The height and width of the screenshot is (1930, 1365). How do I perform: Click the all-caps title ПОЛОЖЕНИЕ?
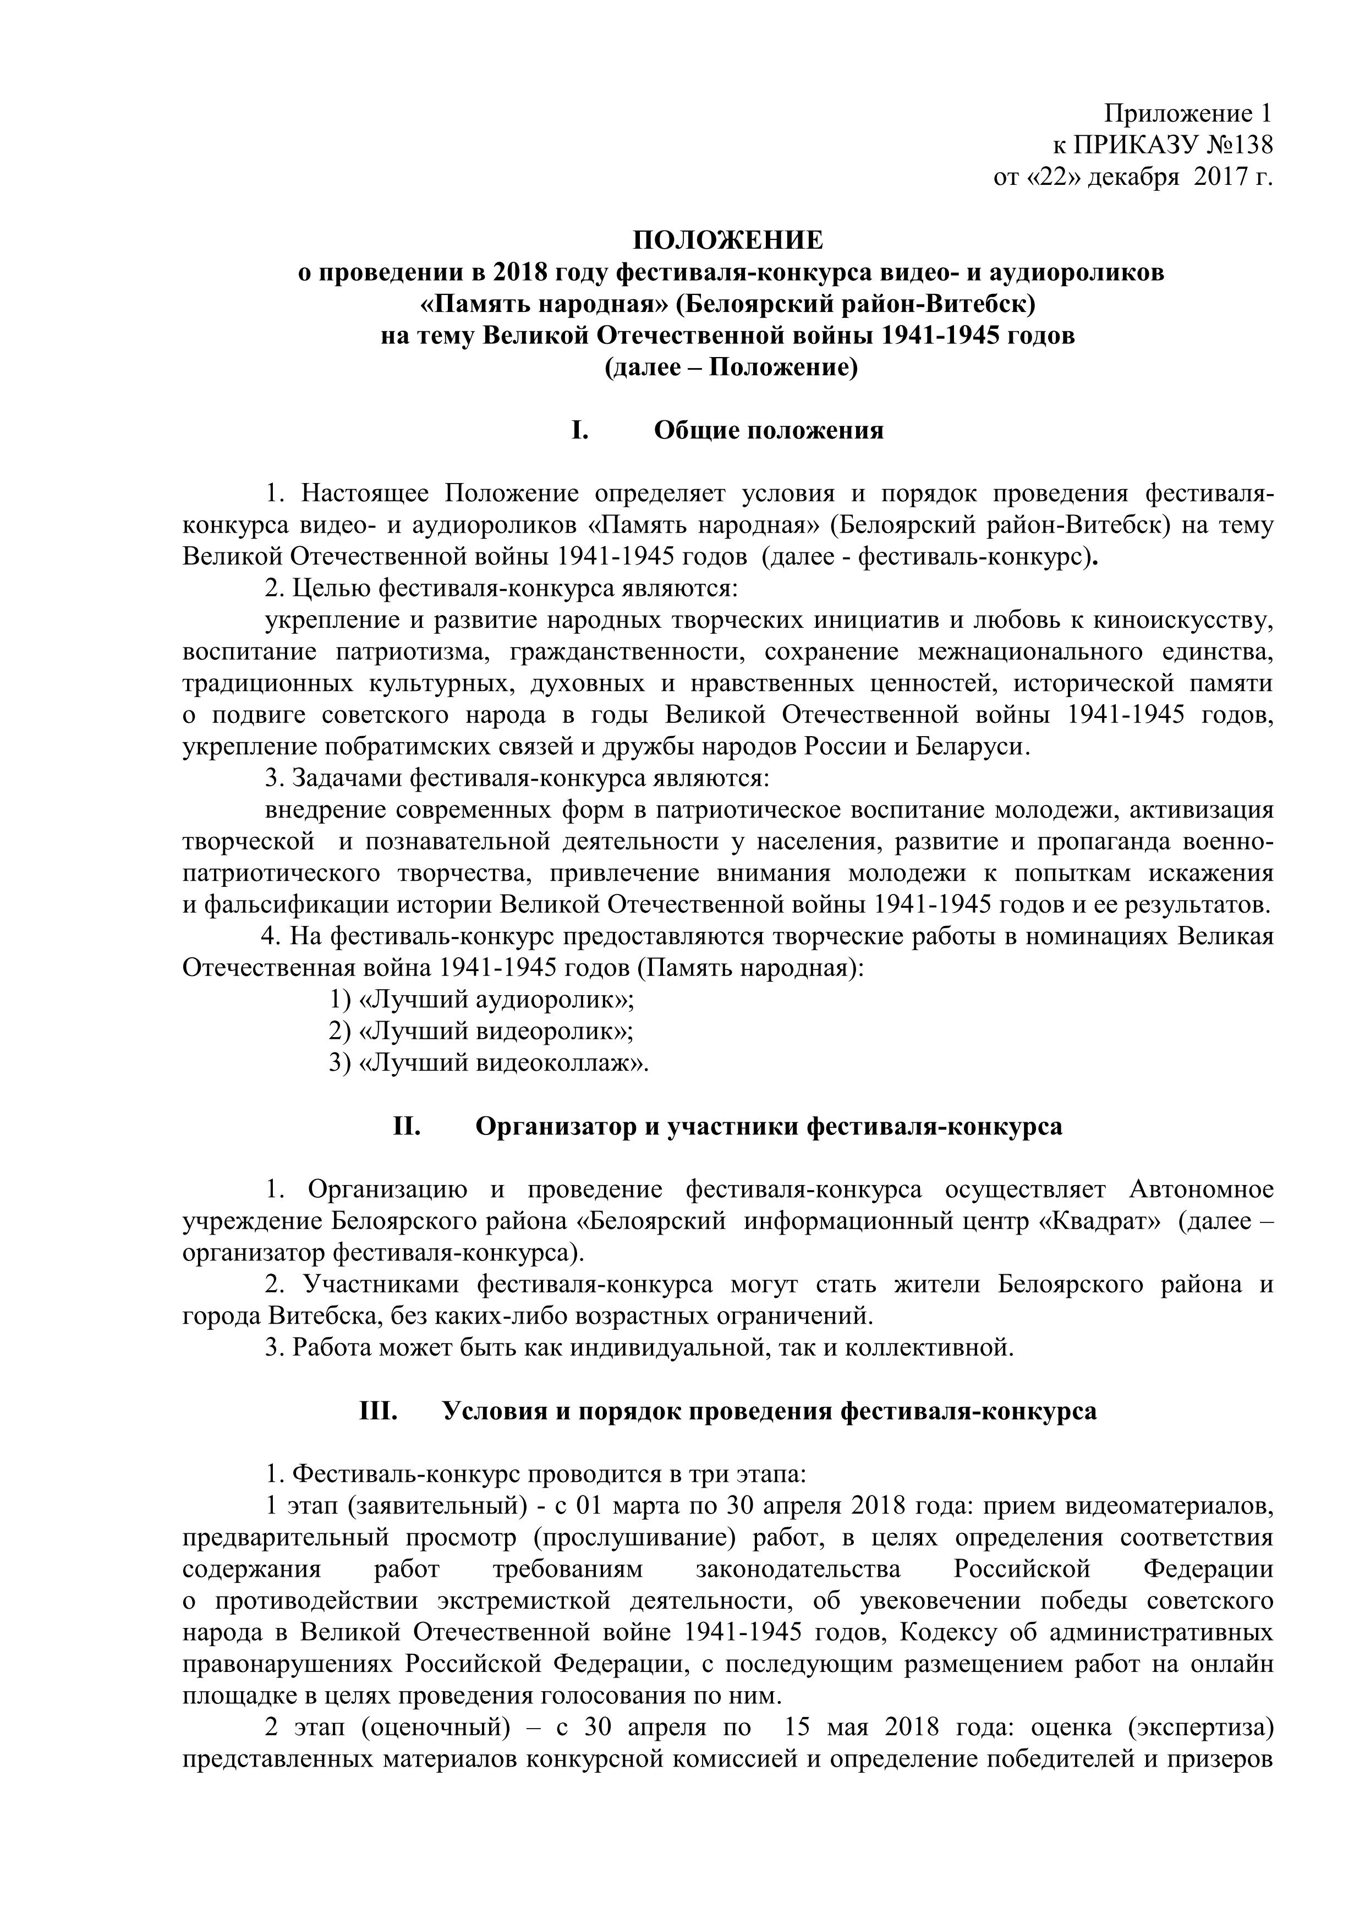pos(728,241)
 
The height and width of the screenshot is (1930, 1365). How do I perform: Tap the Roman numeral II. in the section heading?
pos(407,1126)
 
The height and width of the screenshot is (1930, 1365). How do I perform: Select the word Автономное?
pos(1201,1189)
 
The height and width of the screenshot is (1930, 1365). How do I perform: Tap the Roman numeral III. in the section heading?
pos(378,1411)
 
